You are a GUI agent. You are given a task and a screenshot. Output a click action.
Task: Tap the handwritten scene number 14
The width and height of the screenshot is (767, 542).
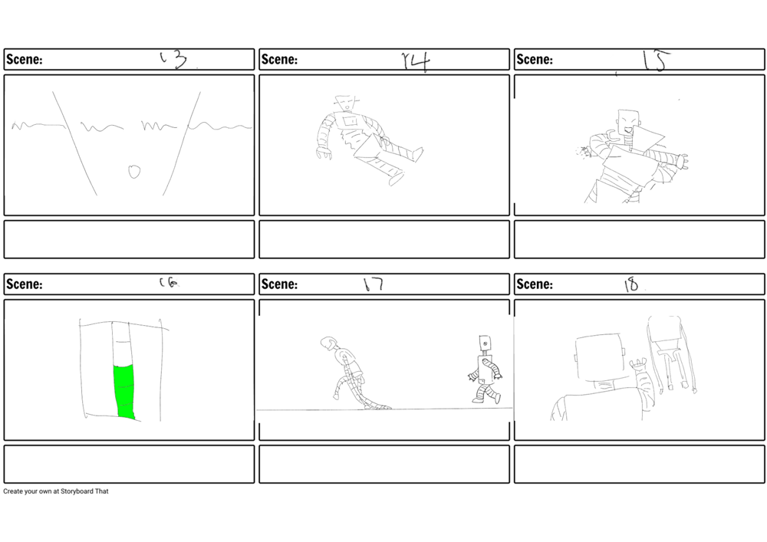click(x=416, y=61)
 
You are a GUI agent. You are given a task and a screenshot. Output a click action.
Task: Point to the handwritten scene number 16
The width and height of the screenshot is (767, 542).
click(x=168, y=283)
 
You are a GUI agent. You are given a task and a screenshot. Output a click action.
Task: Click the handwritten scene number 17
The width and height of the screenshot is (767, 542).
click(x=373, y=284)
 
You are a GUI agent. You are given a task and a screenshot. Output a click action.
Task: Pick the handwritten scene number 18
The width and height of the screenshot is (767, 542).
click(x=631, y=285)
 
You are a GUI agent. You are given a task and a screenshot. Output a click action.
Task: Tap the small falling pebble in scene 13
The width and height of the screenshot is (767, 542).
click(x=134, y=171)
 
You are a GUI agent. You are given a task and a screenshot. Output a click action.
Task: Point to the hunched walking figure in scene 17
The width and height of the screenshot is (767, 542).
click(x=349, y=372)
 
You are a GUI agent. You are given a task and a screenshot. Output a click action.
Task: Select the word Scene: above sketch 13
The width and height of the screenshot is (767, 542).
click(x=24, y=60)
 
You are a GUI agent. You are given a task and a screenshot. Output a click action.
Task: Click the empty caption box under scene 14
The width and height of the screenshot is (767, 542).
click(x=384, y=239)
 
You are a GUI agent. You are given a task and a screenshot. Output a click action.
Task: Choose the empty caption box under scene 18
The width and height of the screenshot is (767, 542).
click(x=639, y=464)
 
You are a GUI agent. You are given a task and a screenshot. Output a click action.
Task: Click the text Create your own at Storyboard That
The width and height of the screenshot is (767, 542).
click(x=56, y=491)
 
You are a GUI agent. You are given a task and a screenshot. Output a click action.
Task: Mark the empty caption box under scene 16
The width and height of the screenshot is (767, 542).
click(x=129, y=464)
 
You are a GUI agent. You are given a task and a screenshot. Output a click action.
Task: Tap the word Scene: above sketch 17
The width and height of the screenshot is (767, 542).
click(x=279, y=284)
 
